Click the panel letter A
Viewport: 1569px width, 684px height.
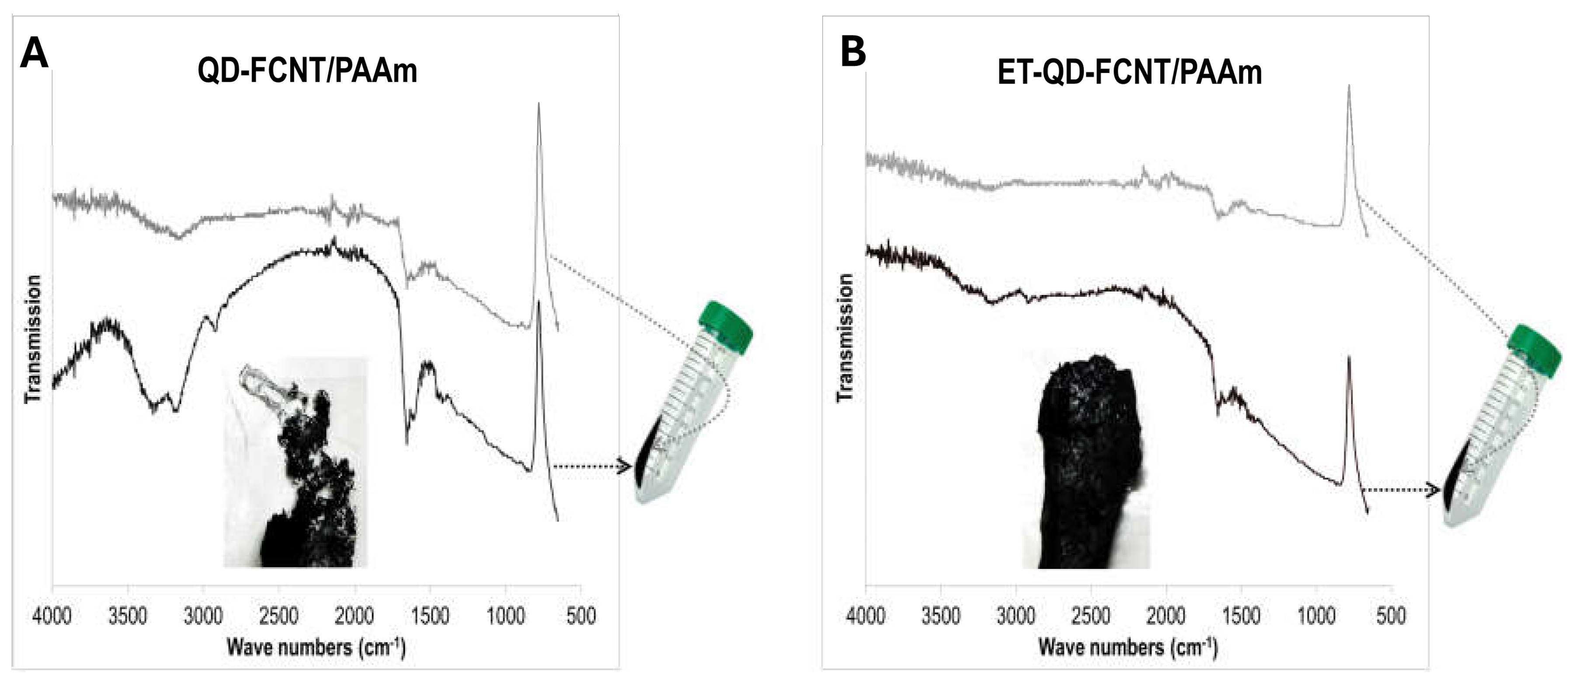[34, 54]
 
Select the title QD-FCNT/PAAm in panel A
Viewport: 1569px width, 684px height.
[308, 71]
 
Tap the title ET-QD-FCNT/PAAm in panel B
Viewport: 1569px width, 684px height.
[1129, 73]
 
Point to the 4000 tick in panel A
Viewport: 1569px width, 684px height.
[52, 616]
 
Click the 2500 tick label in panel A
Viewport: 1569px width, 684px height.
[279, 616]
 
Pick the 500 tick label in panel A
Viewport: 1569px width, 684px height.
[581, 616]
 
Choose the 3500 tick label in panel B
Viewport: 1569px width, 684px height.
[941, 616]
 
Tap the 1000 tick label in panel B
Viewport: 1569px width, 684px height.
[1317, 616]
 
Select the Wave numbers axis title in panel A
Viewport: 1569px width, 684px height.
[316, 647]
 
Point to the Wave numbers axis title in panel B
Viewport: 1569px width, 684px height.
[1128, 647]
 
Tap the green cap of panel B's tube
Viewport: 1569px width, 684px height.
[1534, 350]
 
